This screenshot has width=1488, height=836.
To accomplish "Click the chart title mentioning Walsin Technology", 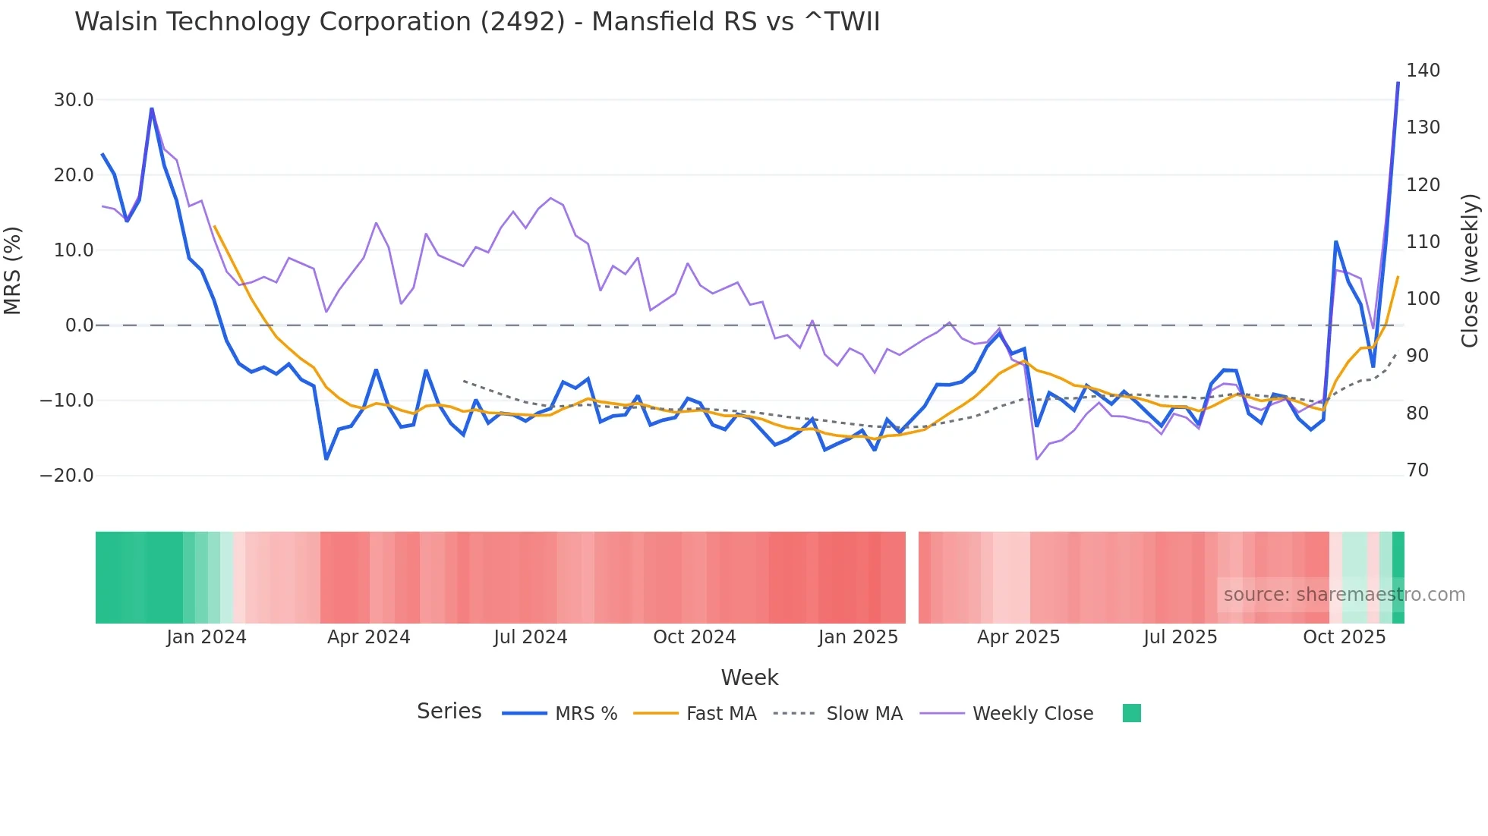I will pyautogui.click(x=477, y=22).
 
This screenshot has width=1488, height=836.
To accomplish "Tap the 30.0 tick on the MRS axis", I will pyautogui.click(x=74, y=100).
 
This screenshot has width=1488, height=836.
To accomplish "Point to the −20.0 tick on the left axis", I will pyautogui.click(x=67, y=476).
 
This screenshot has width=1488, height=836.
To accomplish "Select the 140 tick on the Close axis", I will pyautogui.click(x=1423, y=71).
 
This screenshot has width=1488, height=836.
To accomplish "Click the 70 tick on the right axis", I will pyautogui.click(x=1417, y=470).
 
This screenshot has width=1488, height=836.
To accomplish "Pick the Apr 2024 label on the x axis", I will pyautogui.click(x=368, y=637).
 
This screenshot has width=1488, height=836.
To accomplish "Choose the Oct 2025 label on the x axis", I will pyautogui.click(x=1344, y=637).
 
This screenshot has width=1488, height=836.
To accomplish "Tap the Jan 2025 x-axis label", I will pyautogui.click(x=858, y=637).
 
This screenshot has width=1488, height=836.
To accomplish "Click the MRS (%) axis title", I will pyautogui.click(x=13, y=271).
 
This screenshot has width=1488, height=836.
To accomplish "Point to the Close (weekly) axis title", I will pyautogui.click(x=1470, y=271).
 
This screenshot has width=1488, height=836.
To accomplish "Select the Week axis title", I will pyautogui.click(x=749, y=677).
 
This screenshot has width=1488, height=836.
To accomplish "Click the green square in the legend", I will pyautogui.click(x=1131, y=713).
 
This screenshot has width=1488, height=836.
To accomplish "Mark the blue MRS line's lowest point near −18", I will pyautogui.click(x=326, y=459).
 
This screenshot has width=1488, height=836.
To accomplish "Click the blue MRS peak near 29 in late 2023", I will pyautogui.click(x=152, y=108).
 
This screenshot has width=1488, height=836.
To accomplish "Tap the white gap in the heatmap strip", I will pyautogui.click(x=912, y=577).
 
